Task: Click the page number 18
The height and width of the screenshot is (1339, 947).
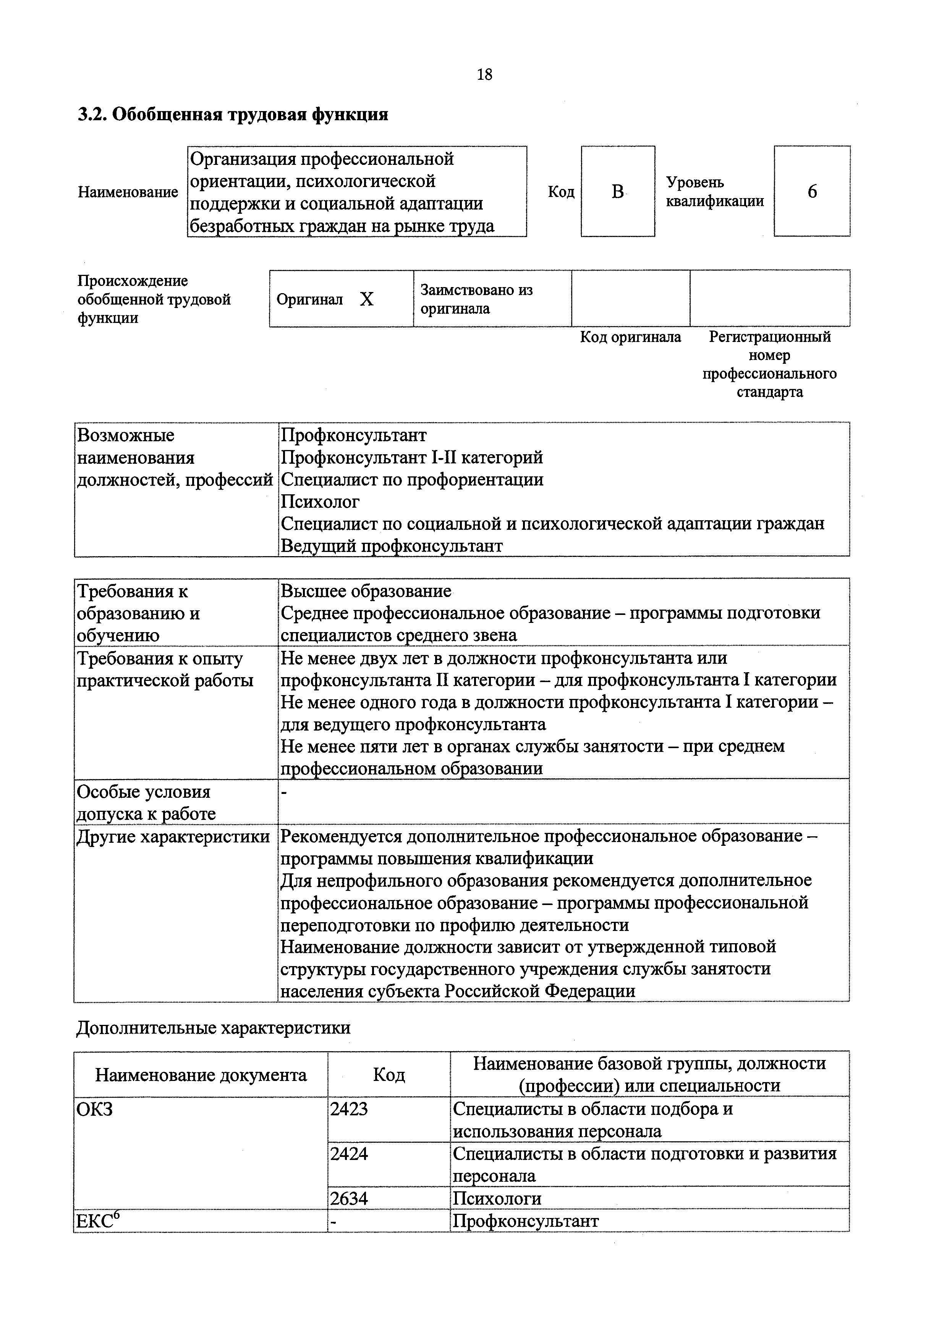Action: point(484,75)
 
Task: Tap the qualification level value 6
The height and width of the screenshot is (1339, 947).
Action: point(812,191)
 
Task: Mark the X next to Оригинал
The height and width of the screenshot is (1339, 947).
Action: point(366,299)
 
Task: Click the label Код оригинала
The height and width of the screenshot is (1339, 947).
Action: point(630,337)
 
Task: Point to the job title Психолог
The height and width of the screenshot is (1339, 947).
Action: point(321,502)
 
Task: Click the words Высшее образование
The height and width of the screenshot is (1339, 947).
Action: point(366,591)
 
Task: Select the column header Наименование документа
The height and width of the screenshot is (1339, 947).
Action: point(201,1074)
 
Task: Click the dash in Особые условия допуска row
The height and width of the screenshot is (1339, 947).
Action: point(284,793)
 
